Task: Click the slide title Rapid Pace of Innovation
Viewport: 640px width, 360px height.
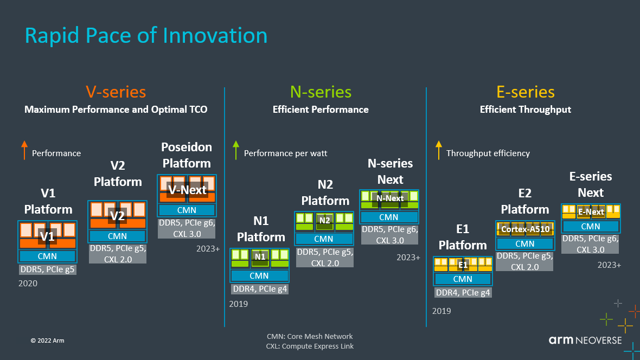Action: point(146,36)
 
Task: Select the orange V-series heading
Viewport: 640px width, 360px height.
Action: point(116,92)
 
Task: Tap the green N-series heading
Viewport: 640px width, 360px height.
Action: point(321,92)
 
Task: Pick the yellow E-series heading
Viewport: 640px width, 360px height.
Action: point(525,92)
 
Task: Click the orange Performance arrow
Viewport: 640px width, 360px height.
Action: point(24,150)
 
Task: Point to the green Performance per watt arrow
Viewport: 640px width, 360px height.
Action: point(235,150)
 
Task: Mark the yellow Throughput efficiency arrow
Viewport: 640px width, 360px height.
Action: point(438,150)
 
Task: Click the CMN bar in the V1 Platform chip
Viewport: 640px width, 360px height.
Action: point(47,256)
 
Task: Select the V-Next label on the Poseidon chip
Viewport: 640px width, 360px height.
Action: point(187,190)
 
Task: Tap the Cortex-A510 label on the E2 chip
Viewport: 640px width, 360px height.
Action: point(525,229)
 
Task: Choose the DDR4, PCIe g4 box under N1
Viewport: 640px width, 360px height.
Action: point(260,289)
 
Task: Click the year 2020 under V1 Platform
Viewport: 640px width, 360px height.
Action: point(28,283)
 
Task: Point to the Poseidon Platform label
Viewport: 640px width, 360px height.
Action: point(187,155)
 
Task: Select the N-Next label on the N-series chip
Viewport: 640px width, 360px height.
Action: point(390,198)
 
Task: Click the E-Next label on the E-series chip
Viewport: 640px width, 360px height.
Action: point(591,212)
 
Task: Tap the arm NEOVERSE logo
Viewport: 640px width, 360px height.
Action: point(585,340)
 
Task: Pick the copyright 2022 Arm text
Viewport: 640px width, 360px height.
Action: point(47,340)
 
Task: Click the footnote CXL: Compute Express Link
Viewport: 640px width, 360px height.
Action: point(310,346)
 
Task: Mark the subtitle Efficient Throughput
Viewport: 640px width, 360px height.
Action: point(525,110)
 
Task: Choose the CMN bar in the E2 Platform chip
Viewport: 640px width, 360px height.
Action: point(525,244)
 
